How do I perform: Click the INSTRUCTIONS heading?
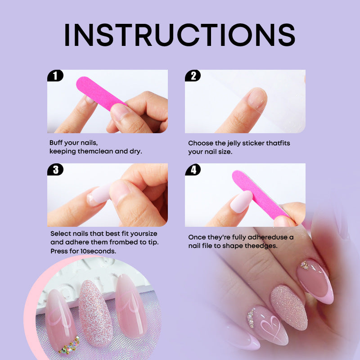180,35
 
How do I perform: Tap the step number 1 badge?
55,76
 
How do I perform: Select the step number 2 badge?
193,76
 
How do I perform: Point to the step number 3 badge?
55,170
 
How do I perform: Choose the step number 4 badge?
193,170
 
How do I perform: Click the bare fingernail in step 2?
257,98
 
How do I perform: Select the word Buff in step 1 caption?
56,143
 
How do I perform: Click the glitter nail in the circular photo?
95,313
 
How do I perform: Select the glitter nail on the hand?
289,307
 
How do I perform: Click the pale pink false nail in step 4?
241,202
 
